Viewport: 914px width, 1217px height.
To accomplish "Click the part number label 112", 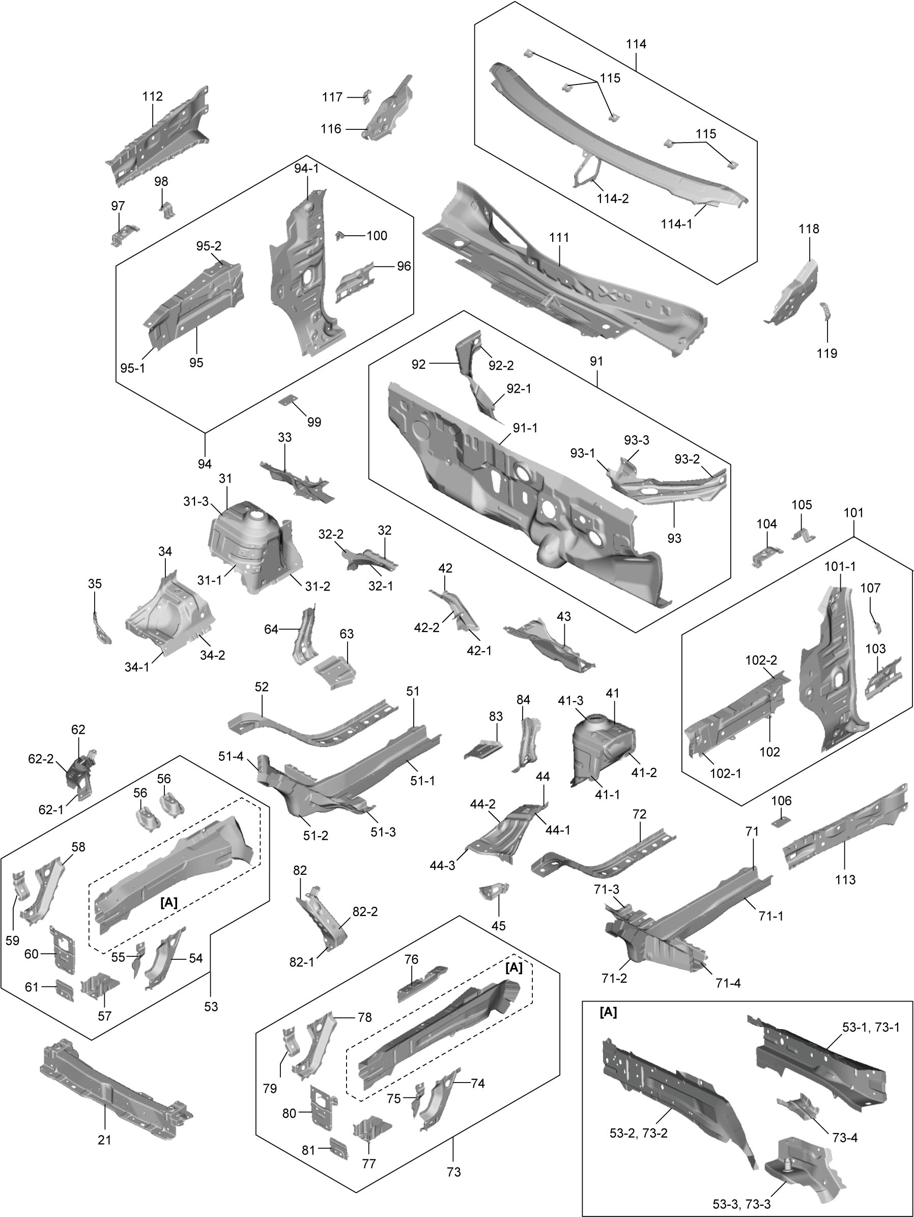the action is (x=152, y=96).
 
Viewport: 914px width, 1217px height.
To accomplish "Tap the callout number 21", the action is (x=104, y=1140).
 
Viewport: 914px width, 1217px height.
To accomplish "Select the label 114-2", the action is (x=613, y=199).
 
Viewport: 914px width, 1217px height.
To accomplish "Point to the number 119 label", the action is (x=827, y=353).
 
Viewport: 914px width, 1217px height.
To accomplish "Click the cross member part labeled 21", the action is (x=116, y=1079).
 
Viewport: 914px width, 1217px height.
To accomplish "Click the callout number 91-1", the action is (x=525, y=428).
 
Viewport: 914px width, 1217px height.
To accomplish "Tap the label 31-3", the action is (x=196, y=501).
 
